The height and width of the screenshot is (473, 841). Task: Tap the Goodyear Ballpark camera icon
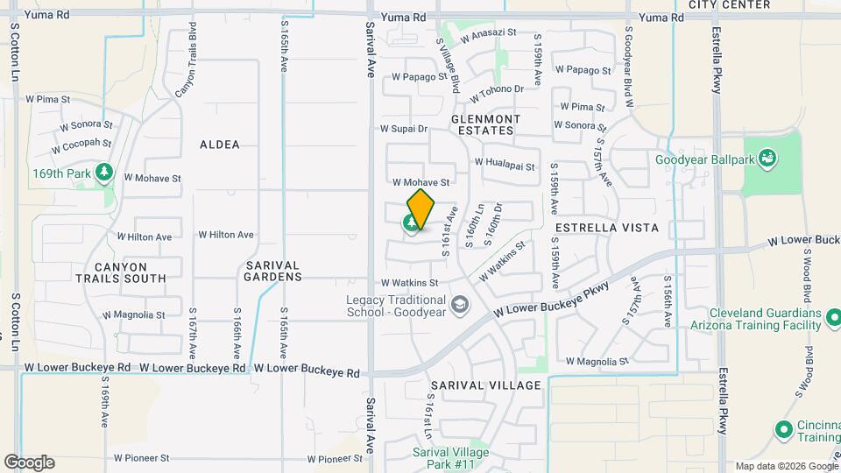768,159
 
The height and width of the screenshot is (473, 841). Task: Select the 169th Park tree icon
105,173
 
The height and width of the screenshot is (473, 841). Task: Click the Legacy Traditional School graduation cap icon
458,305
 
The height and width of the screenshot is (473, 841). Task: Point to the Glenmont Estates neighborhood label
485,124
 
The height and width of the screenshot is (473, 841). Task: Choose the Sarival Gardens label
273,271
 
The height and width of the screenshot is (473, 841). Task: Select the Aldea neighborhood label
219,145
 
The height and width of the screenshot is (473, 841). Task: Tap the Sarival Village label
485,385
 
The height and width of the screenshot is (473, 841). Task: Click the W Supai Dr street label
404,129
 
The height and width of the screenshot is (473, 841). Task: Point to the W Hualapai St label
505,162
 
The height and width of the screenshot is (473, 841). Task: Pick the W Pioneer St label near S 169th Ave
141,458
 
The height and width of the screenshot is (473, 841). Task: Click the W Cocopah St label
85,143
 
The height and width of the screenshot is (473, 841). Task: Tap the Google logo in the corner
29,462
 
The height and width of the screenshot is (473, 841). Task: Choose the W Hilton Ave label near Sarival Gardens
226,235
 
